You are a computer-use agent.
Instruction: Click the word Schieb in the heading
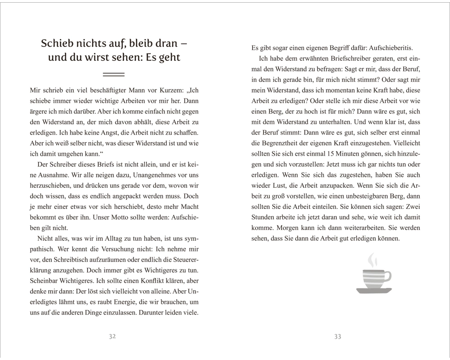(57, 44)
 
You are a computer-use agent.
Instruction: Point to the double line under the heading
(113, 73)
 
